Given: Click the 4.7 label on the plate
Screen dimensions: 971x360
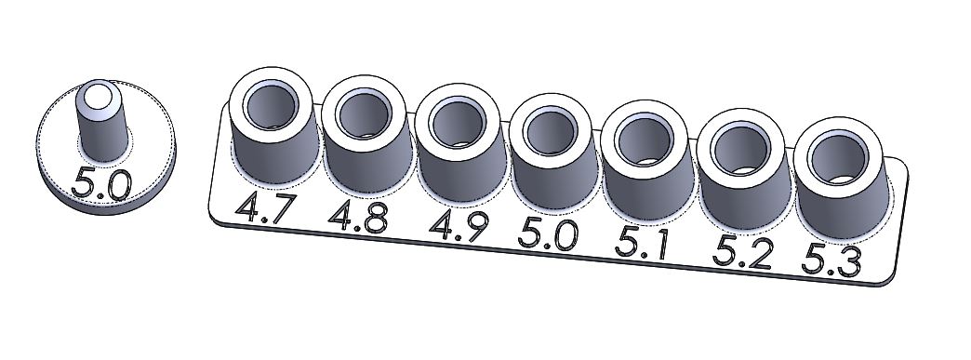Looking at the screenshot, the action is coord(262,208).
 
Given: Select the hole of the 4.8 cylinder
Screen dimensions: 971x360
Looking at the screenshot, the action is coord(365,114).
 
